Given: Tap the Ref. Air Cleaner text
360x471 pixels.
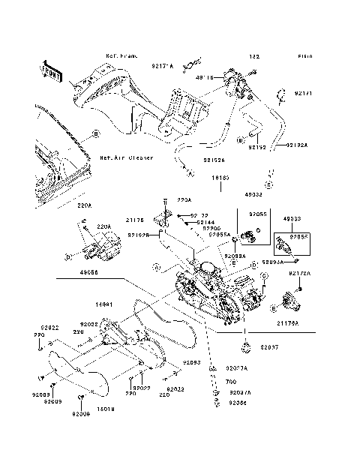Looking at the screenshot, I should click(127, 158).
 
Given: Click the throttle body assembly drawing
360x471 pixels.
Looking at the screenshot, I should click(214, 292).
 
